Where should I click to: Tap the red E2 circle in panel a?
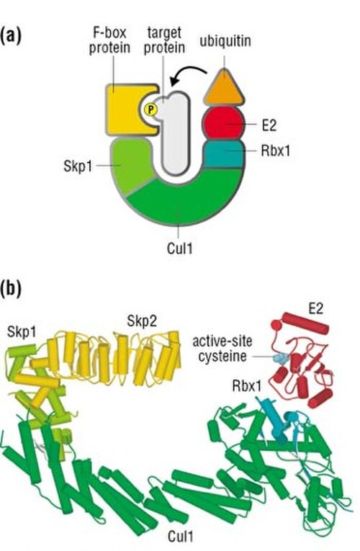[224, 123]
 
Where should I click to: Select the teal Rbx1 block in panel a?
[224, 154]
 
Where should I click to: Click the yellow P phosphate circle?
[150, 110]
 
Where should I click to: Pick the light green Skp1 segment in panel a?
[132, 165]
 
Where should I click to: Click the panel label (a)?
[11, 36]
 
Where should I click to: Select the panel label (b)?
[11, 289]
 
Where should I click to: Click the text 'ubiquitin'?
[225, 41]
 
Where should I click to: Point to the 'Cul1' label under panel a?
[180, 248]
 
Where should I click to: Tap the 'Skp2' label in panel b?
[142, 321]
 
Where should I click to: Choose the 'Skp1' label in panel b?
[22, 332]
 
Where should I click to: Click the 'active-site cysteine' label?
[222, 349]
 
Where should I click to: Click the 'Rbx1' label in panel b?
[247, 386]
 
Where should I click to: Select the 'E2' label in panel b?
[315, 309]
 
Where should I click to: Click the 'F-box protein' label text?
[109, 40]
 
